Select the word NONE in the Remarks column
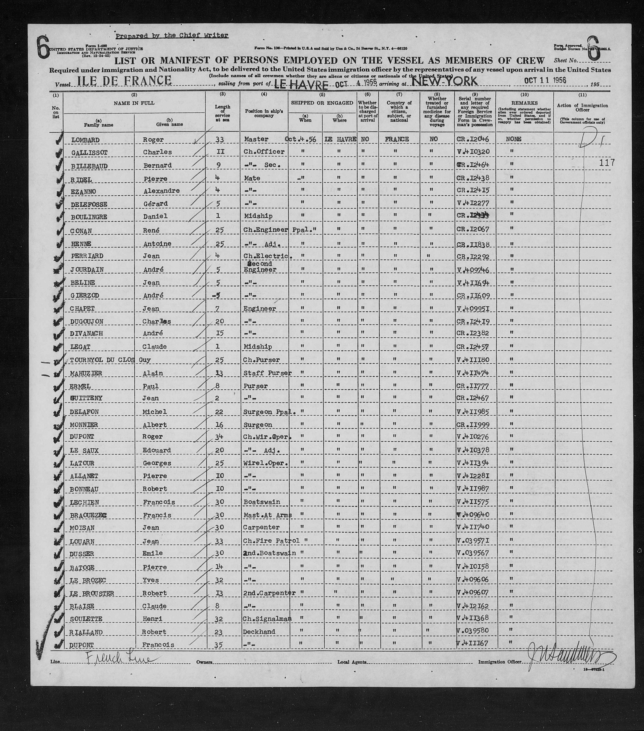[x=513, y=139]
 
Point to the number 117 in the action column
[x=607, y=163]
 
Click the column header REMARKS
[x=524, y=103]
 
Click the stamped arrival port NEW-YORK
[x=444, y=81]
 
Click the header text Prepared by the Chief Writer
[x=172, y=35]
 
